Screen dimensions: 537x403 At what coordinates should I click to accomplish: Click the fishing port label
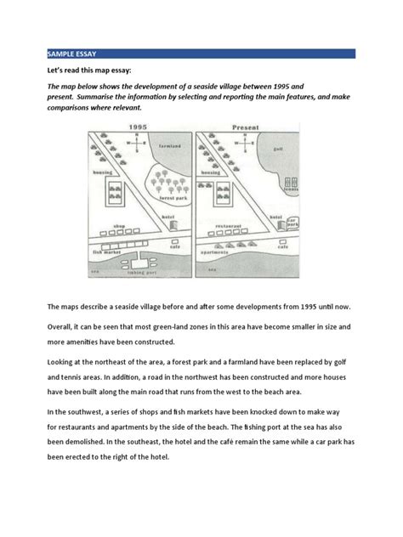pyautogui.click(x=141, y=273)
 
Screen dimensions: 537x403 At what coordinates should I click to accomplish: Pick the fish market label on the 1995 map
pyautogui.click(x=108, y=252)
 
